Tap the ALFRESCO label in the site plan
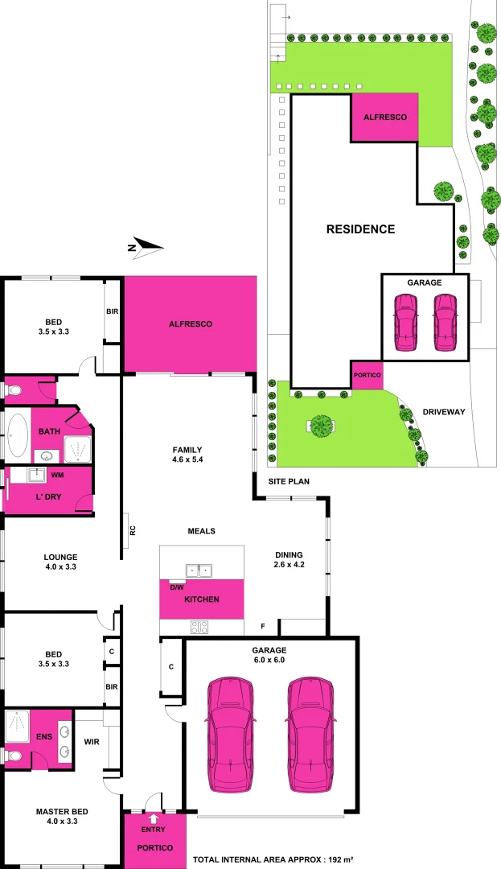(385, 117)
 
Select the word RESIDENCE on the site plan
(360, 229)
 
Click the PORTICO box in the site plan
(367, 376)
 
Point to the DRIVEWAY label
(444, 412)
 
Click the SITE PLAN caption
(289, 481)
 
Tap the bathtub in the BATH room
(18, 435)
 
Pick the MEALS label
(201, 531)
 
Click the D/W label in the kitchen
(176, 587)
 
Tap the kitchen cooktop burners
(199, 627)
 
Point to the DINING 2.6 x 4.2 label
(289, 560)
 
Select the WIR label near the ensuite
(91, 741)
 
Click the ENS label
(43, 735)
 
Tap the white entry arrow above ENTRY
(154, 818)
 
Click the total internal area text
(273, 860)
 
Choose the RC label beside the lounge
(132, 530)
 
